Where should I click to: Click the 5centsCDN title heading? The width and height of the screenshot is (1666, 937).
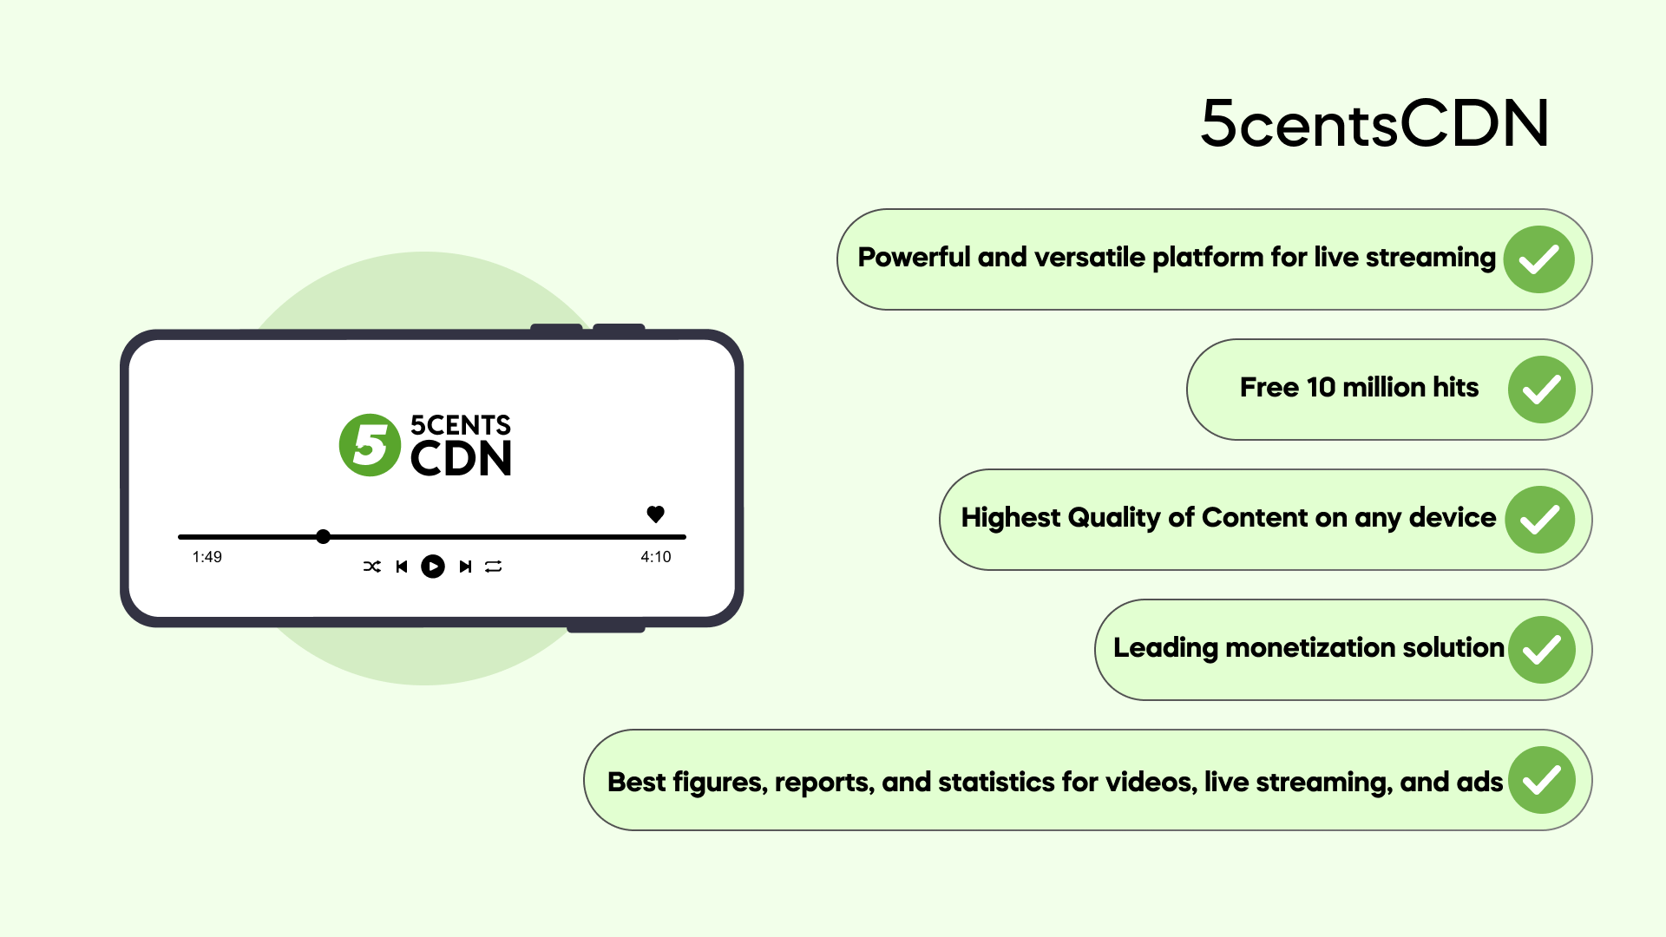pyautogui.click(x=1374, y=123)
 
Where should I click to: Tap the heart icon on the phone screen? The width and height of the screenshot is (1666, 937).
pyautogui.click(x=656, y=514)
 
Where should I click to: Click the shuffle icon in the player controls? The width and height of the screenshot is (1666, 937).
pyautogui.click(x=372, y=567)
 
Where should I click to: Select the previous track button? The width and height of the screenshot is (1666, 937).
pyautogui.click(x=402, y=567)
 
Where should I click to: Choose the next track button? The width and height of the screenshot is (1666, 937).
pyautogui.click(x=465, y=567)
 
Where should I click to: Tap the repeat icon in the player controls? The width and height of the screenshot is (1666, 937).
pyautogui.click(x=494, y=567)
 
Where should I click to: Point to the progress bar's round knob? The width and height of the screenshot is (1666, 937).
pyautogui.click(x=323, y=537)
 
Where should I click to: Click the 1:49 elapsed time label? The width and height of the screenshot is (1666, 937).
pyautogui.click(x=207, y=557)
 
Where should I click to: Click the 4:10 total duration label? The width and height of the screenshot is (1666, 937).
pyautogui.click(x=656, y=557)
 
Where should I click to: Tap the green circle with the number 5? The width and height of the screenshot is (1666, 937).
pyautogui.click(x=371, y=445)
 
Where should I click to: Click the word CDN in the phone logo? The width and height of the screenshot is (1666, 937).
pyautogui.click(x=461, y=459)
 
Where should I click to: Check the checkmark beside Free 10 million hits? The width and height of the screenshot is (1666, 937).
pyautogui.click(x=1542, y=390)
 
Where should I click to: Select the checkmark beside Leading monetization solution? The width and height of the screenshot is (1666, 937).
pyautogui.click(x=1542, y=650)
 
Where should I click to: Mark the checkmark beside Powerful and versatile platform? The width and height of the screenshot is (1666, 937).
pyautogui.click(x=1539, y=259)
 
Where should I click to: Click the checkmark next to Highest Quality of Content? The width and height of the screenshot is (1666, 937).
pyautogui.click(x=1540, y=520)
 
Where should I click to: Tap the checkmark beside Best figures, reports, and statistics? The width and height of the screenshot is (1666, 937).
pyautogui.click(x=1542, y=780)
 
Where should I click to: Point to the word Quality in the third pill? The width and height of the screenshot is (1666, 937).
pyautogui.click(x=1114, y=518)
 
